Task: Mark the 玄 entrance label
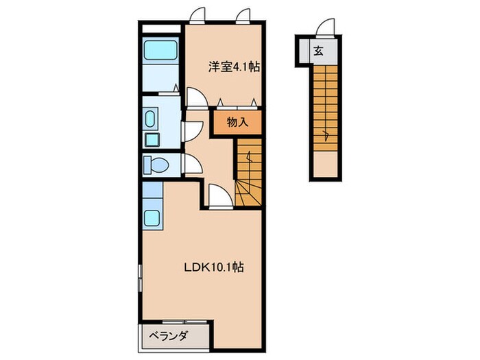click(x=319, y=49)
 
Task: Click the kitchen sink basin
click(x=152, y=220)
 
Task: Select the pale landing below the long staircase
click(x=326, y=165)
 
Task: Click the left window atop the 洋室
click(x=197, y=14)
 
